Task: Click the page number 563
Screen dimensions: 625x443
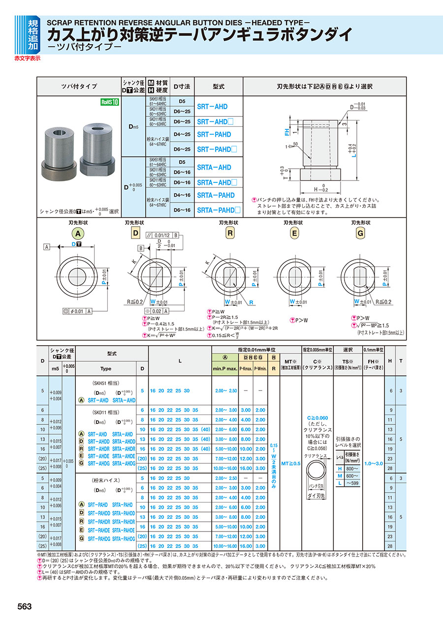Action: point(24,606)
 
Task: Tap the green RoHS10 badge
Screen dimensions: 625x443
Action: point(110,102)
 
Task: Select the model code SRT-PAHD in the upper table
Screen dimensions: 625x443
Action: point(214,134)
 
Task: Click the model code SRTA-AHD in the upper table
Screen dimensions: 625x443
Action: point(214,167)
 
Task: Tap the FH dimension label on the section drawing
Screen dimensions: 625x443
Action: point(286,132)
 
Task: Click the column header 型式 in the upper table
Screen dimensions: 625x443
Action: point(219,86)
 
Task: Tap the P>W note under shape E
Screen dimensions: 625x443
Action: point(299,320)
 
